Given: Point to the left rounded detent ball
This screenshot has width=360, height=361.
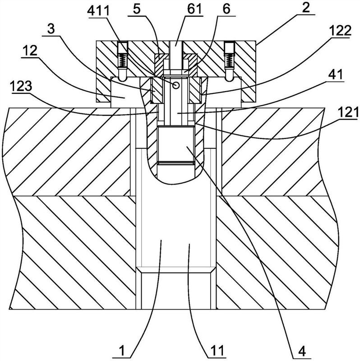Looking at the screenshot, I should (120, 77).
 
